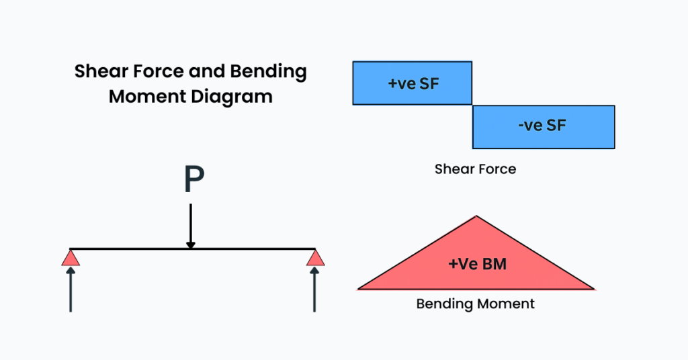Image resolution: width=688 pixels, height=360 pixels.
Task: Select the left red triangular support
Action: pos(71,258)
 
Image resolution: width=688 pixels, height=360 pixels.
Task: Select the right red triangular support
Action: pos(314,258)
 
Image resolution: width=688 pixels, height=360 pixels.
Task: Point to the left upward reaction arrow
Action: pos(71,289)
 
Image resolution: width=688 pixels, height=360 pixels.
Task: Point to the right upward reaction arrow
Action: pos(314,289)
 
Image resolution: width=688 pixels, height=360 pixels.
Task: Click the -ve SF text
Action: pos(542,126)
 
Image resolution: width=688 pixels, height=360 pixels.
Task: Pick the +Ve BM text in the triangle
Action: pos(477,264)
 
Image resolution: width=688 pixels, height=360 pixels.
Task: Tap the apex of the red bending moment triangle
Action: pos(476,217)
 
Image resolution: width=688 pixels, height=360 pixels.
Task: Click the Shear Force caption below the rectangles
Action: pos(475,169)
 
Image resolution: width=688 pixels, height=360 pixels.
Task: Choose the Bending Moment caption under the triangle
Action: pos(475,304)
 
